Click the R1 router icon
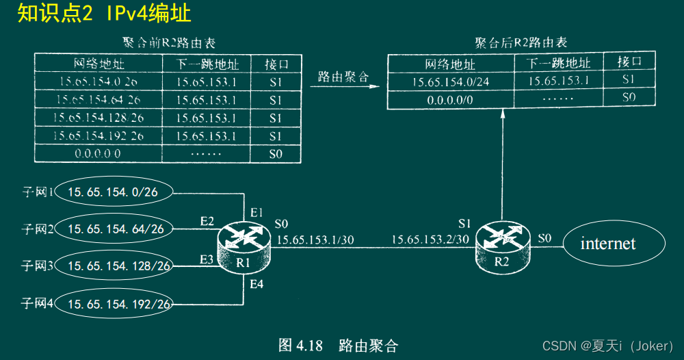click(x=244, y=246)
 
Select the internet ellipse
click(x=608, y=244)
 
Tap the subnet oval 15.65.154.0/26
click(x=113, y=192)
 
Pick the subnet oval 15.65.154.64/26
click(x=116, y=229)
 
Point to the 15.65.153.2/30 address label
click(x=430, y=240)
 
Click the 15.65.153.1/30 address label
click(x=316, y=240)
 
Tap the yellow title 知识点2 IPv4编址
click(x=105, y=13)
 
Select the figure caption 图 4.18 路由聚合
click(x=338, y=345)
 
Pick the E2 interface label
click(x=207, y=221)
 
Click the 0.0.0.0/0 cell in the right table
click(x=450, y=99)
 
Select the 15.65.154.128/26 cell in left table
click(x=98, y=118)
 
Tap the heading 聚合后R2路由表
click(x=521, y=43)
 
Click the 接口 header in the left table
click(x=276, y=64)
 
